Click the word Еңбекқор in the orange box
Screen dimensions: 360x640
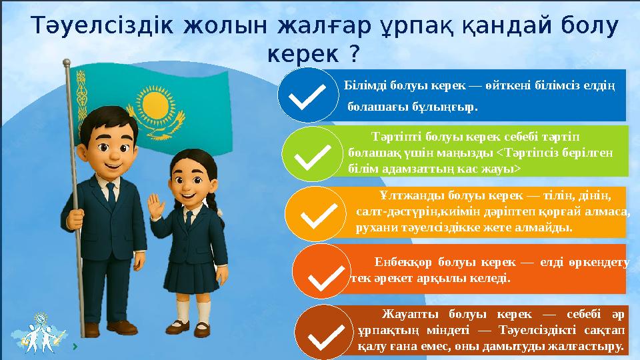coord(401,262)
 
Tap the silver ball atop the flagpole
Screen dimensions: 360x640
coord(67,61)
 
